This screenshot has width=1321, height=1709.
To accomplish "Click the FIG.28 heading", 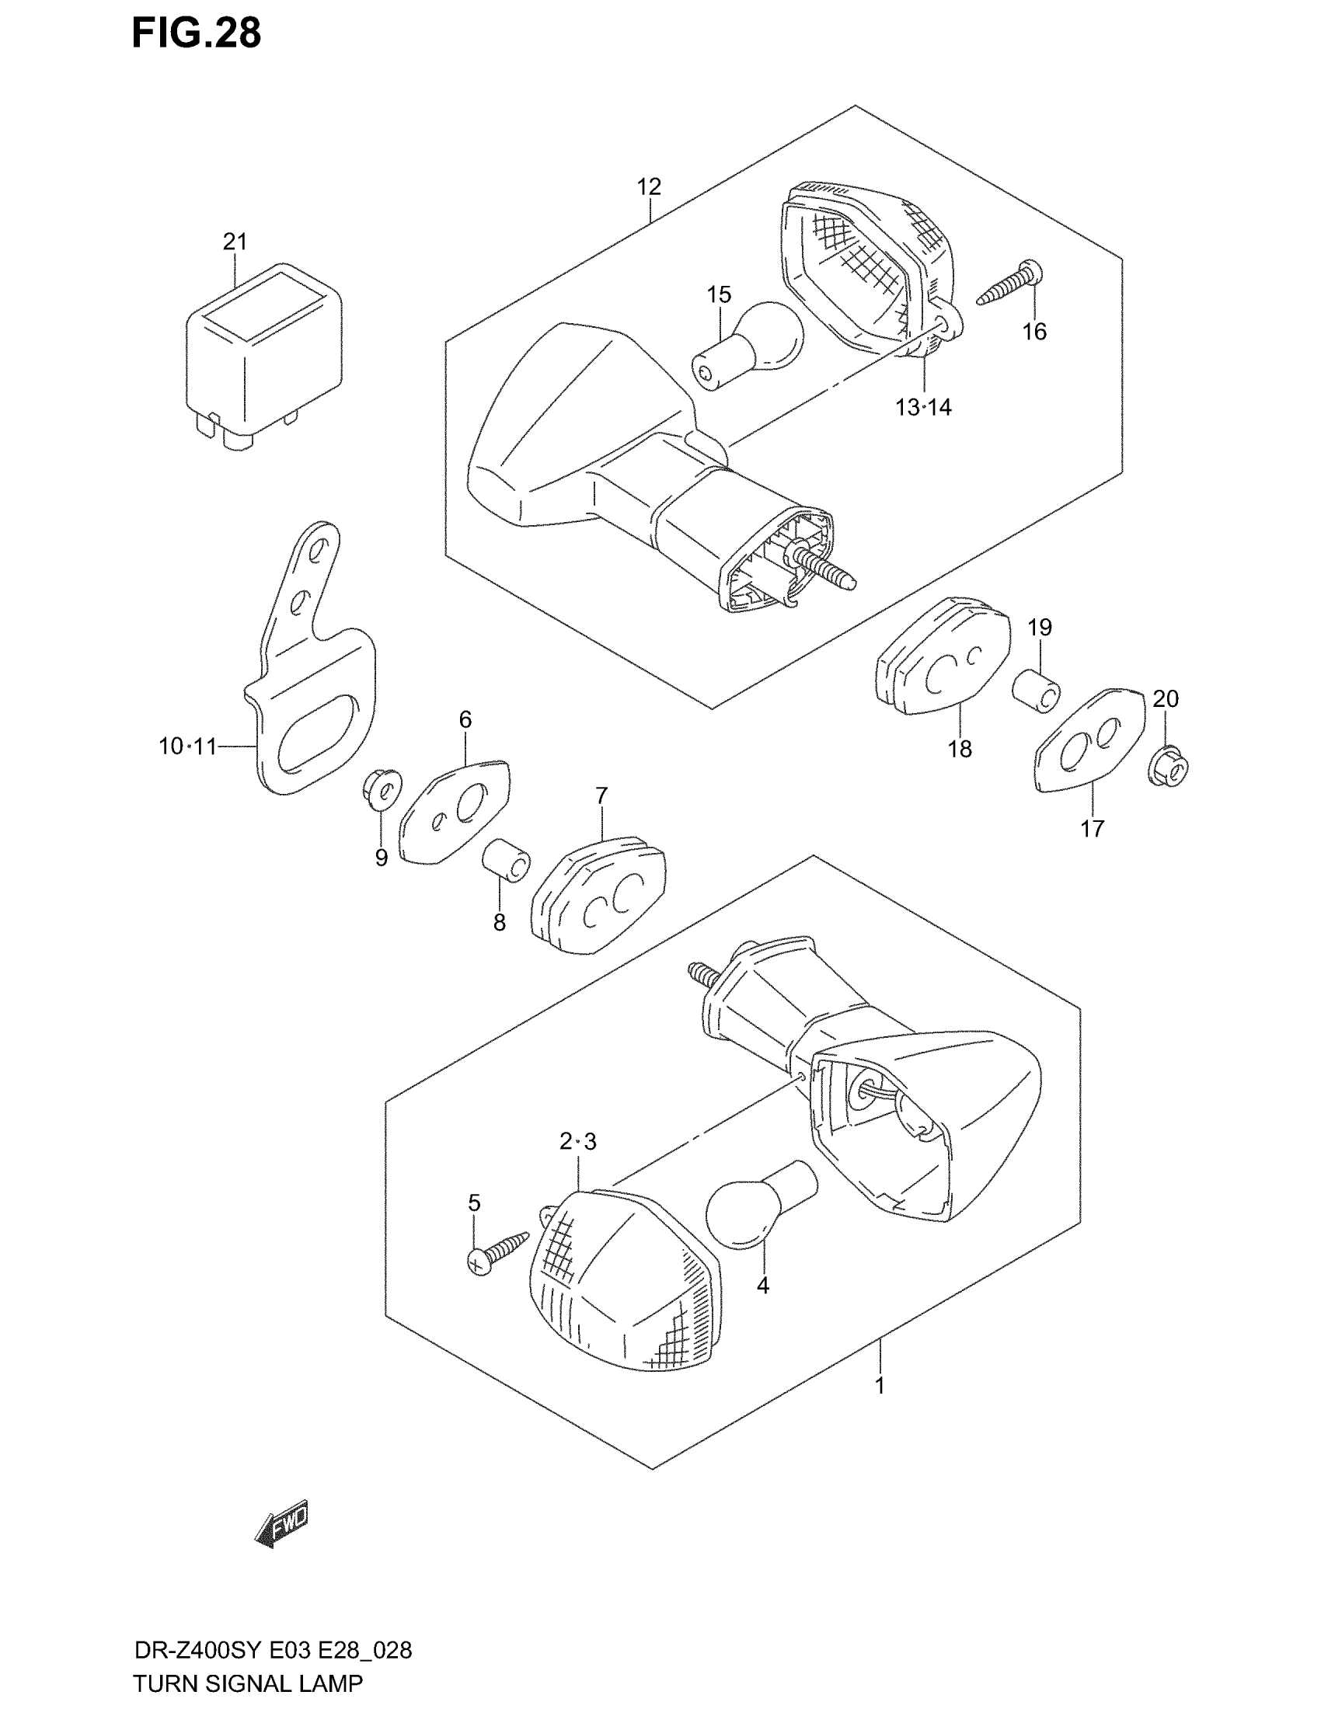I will point(196,33).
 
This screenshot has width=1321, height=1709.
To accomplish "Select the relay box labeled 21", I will point(263,356).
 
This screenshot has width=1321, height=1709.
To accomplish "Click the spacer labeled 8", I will point(507,861).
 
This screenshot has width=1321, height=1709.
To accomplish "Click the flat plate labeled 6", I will point(455,812).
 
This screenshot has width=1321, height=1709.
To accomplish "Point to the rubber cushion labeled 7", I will point(598,894).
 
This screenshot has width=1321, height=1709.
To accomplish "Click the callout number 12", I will point(649,187).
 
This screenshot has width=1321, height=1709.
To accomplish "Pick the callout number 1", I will point(880,1385).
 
